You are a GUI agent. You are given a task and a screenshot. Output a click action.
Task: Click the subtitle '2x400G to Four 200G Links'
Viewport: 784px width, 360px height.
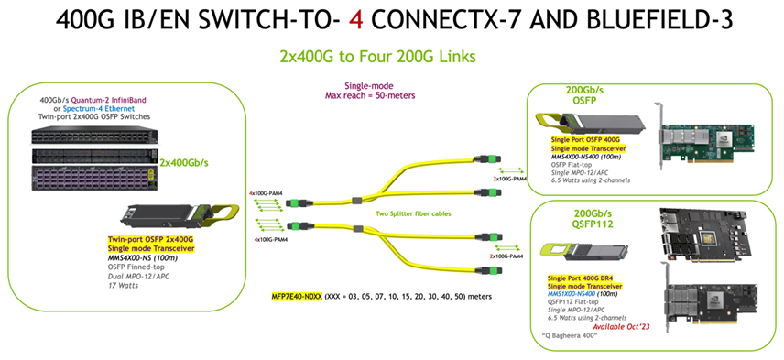tap(378, 56)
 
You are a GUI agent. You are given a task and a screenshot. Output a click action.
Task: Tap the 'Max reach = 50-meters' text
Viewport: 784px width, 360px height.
tap(370, 96)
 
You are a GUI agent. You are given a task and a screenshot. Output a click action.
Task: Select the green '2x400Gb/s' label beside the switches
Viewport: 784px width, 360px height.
tap(184, 163)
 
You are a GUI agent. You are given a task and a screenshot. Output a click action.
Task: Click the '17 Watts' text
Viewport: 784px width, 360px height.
tap(123, 285)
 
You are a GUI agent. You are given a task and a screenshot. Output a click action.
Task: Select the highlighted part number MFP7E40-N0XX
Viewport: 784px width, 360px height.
tap(297, 296)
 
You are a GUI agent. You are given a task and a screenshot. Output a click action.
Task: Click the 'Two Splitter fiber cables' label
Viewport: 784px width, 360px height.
tap(413, 213)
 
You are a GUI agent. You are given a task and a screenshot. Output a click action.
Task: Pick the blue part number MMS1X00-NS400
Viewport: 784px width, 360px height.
tap(571, 294)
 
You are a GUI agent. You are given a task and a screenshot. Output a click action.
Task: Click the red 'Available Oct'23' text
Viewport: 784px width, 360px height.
tap(621, 327)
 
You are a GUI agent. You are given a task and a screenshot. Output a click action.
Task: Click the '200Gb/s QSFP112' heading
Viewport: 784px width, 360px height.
tap(592, 218)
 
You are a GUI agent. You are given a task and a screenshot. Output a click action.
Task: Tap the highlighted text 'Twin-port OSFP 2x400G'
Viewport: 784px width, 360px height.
tap(150, 240)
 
